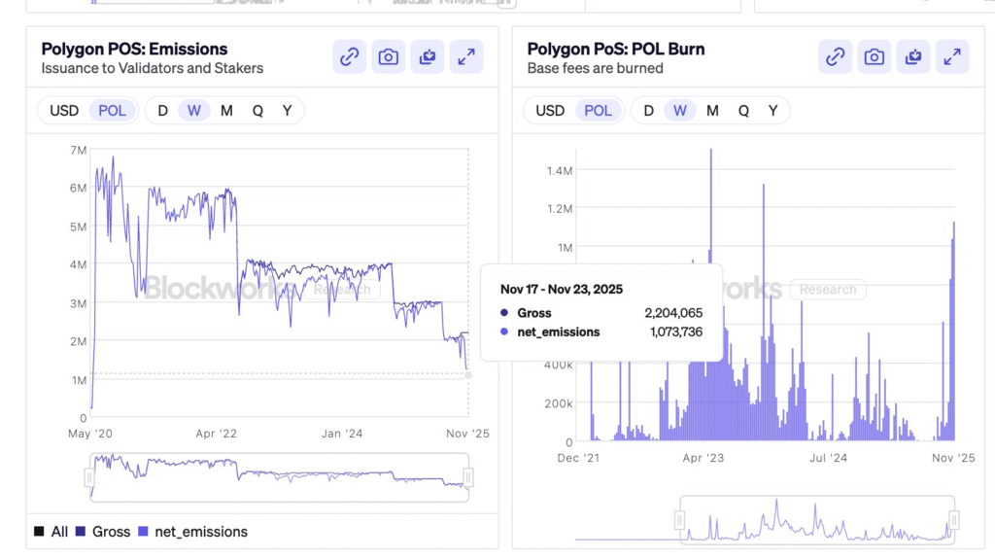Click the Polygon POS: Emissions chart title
(x=134, y=49)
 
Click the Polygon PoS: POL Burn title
(x=616, y=49)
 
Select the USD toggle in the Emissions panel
(x=64, y=111)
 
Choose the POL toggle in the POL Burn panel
(x=598, y=111)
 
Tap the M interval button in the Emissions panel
(x=226, y=111)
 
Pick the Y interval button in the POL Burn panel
(x=772, y=111)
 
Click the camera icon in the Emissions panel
(x=389, y=57)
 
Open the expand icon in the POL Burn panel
(x=952, y=57)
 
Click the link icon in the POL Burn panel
(x=835, y=57)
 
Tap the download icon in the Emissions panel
(x=428, y=57)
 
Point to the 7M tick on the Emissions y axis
(x=78, y=150)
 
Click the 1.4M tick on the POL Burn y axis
(x=559, y=171)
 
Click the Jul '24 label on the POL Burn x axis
(x=828, y=457)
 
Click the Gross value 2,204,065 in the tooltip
(x=672, y=313)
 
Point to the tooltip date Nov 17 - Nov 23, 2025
(x=562, y=290)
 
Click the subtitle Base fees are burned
(x=595, y=68)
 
